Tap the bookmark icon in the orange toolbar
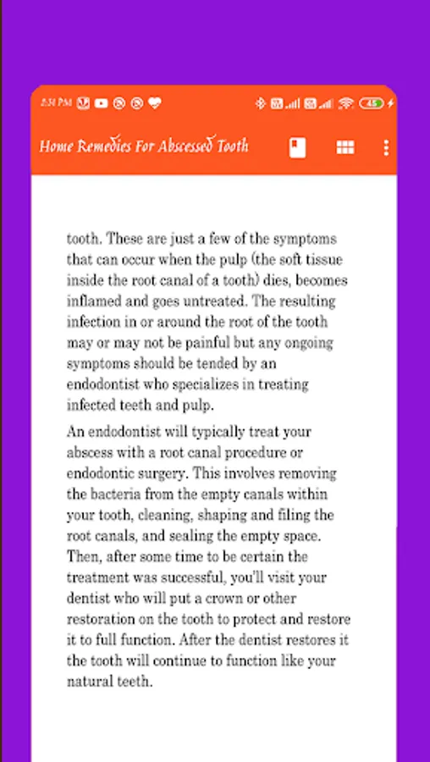[296, 147]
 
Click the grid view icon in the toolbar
[345, 147]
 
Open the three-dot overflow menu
[386, 147]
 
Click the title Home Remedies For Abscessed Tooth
[144, 146]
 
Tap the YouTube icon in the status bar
[102, 103]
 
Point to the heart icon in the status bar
[154, 103]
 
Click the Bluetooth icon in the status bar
[261, 103]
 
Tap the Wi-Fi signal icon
[345, 103]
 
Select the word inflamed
[91, 301]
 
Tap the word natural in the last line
[87, 681]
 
